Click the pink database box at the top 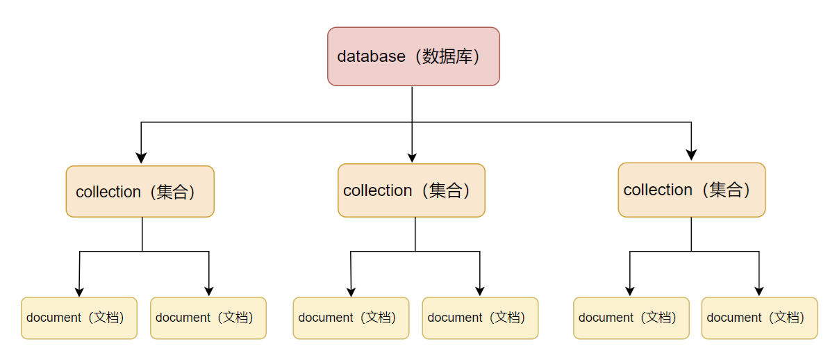413,56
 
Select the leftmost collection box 140,191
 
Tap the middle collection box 411,190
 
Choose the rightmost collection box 691,190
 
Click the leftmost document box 78,318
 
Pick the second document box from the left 208,318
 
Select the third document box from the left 351,318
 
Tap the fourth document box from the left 480,318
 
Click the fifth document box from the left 631,318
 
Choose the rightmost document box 759,318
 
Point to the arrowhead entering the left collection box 141,158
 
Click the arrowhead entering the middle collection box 412,157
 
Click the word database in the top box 371,56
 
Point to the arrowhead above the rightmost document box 759,291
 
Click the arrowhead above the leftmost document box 78,291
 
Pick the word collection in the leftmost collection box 108,192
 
